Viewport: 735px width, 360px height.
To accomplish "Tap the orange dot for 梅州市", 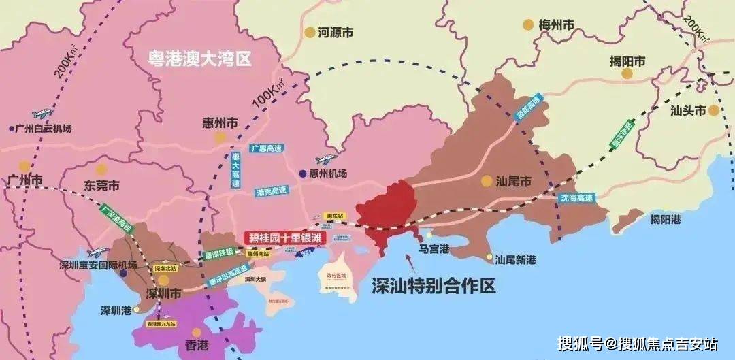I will [x=528, y=24].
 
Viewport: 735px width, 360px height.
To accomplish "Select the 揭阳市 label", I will [x=627, y=62].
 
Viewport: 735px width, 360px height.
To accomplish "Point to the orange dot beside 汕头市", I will [x=713, y=110].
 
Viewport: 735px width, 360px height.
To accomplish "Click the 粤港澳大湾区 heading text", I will [x=200, y=59].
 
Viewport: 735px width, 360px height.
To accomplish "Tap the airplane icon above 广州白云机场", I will [x=42, y=113].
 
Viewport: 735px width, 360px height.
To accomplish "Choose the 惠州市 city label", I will [x=220, y=124].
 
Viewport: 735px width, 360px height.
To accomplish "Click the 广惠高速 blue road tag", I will [x=267, y=148].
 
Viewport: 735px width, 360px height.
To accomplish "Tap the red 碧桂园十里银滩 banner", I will [x=284, y=238].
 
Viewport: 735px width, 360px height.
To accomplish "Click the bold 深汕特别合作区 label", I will [x=434, y=287].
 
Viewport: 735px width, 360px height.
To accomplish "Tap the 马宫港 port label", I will [x=434, y=250].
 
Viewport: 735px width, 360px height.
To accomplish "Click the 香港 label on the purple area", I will [x=191, y=344].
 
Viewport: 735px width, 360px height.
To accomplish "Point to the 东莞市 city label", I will [x=101, y=185].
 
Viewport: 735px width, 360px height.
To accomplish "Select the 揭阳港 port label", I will [x=665, y=219].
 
